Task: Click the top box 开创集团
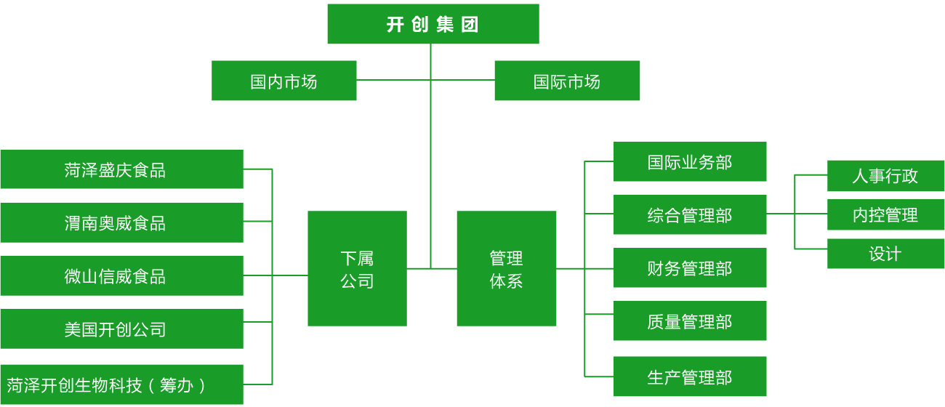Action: click(433, 24)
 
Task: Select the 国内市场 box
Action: click(283, 81)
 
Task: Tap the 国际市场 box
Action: click(567, 81)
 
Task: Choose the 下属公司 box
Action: click(357, 268)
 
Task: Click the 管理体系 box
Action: click(506, 268)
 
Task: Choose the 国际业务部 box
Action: click(690, 161)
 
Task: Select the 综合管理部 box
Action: click(690, 214)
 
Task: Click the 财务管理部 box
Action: click(690, 267)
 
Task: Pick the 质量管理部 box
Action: click(690, 321)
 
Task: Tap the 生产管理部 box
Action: click(690, 376)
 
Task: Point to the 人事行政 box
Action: click(885, 175)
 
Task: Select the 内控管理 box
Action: click(885, 214)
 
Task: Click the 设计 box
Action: click(885, 254)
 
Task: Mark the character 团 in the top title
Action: click(470, 24)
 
